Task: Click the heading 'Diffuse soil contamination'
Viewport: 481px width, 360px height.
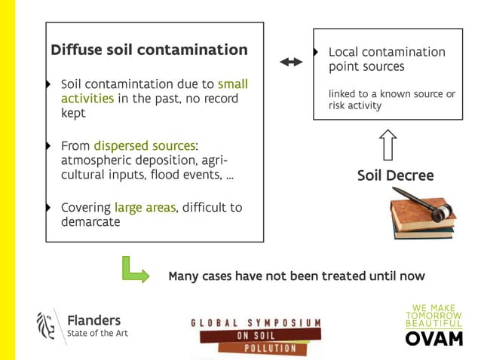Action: point(149,50)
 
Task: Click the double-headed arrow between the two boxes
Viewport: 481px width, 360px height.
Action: point(290,63)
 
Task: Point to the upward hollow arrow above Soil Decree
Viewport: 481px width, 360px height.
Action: point(388,145)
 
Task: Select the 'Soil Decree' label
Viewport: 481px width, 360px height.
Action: point(395,175)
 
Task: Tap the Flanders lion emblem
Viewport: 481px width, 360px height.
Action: point(46,325)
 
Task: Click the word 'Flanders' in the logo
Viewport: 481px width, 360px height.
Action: point(93,320)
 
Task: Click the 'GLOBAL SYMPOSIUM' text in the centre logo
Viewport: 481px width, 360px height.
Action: point(256,322)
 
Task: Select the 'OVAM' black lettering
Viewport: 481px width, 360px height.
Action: point(434,338)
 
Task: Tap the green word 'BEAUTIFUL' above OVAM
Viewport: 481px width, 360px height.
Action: point(434,322)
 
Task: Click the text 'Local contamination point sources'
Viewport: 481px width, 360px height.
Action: point(386,59)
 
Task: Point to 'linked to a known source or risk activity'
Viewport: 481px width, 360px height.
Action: point(391,99)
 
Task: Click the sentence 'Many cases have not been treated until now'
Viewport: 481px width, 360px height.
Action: point(296,276)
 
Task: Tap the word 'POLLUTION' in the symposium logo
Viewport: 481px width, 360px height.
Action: point(263,349)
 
